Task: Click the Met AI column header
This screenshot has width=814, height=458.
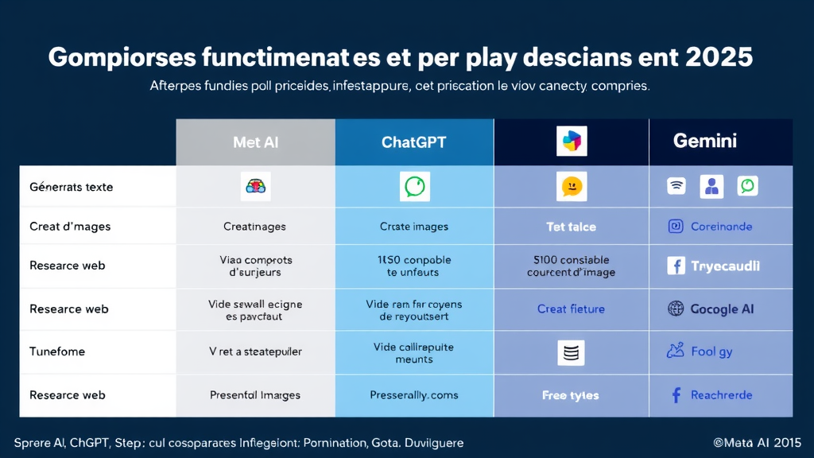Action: (255, 142)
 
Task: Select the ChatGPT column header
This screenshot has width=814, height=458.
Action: (413, 142)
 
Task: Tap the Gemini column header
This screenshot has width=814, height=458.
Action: (704, 141)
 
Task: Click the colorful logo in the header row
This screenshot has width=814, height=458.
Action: (572, 142)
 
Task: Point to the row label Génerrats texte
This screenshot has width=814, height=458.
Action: (71, 187)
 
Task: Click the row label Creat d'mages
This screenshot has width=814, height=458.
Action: (70, 227)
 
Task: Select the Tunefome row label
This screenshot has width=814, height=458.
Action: (57, 351)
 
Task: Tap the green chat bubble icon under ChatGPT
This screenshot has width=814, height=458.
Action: (414, 186)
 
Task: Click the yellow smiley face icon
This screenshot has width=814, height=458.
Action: (571, 187)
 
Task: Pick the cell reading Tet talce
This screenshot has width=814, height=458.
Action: (571, 227)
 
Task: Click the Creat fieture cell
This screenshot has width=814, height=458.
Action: (571, 309)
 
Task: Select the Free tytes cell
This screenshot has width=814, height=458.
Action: (571, 395)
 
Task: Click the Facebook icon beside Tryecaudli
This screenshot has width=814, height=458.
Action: (676, 266)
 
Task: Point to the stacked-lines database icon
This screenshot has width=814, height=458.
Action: (571, 352)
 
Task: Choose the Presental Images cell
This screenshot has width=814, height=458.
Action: (254, 395)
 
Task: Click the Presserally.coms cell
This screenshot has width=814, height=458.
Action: (413, 395)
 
